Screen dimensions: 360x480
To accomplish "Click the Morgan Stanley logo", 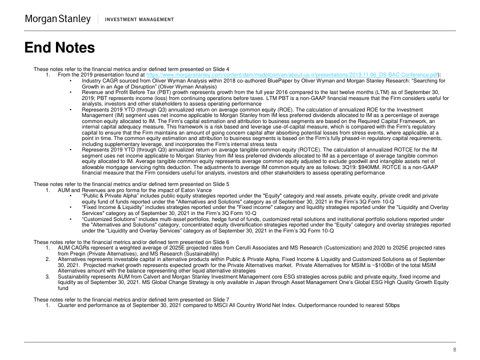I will (58, 19).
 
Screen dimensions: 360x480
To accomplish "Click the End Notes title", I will (59, 47).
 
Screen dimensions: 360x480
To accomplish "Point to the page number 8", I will (454, 349).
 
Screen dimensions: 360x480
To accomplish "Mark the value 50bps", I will (390, 305).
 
